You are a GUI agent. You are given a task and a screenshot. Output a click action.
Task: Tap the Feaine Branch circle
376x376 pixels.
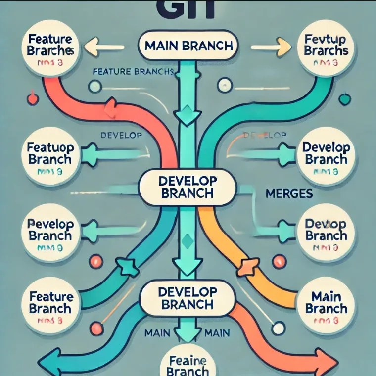(x=188, y=364)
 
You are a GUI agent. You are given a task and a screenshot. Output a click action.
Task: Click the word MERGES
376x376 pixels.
(x=289, y=193)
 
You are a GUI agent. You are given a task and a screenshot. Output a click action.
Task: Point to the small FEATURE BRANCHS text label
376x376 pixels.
(x=133, y=71)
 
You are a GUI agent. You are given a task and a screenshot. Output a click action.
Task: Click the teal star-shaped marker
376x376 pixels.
(x=130, y=267)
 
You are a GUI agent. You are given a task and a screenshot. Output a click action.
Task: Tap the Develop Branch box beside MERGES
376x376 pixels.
(x=188, y=188)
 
